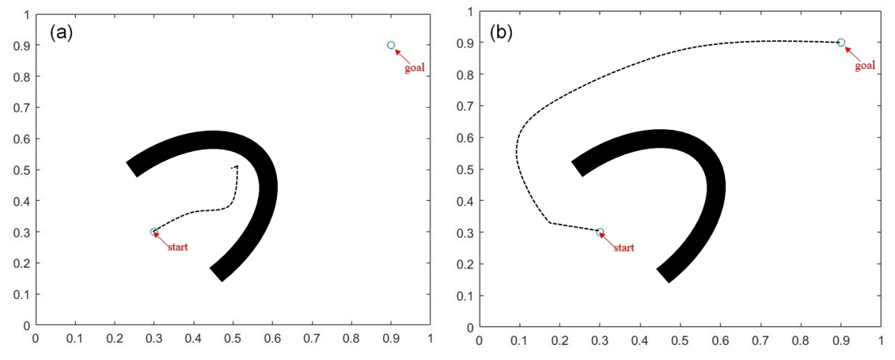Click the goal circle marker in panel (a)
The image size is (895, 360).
(391, 45)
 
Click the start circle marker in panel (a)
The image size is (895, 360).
(154, 232)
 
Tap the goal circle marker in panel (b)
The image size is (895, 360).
(841, 43)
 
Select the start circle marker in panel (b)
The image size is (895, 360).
(600, 233)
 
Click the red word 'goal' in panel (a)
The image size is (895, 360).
(415, 68)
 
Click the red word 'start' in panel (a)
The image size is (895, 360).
(177, 248)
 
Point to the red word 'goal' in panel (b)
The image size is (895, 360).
(865, 66)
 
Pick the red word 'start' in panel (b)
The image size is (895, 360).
(624, 248)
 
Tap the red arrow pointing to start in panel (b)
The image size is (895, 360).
(610, 240)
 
